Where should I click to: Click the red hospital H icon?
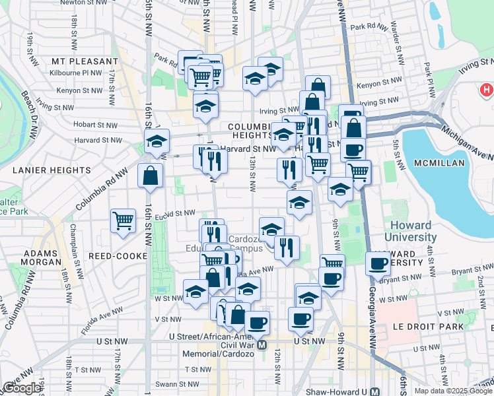(x=487, y=89)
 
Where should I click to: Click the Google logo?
(x=22, y=387)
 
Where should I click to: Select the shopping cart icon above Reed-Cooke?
(x=123, y=220)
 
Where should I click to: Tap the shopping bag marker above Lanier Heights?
(x=150, y=176)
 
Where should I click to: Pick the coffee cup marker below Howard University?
(x=378, y=263)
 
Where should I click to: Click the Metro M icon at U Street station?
(x=262, y=345)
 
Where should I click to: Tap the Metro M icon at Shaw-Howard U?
(x=374, y=390)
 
